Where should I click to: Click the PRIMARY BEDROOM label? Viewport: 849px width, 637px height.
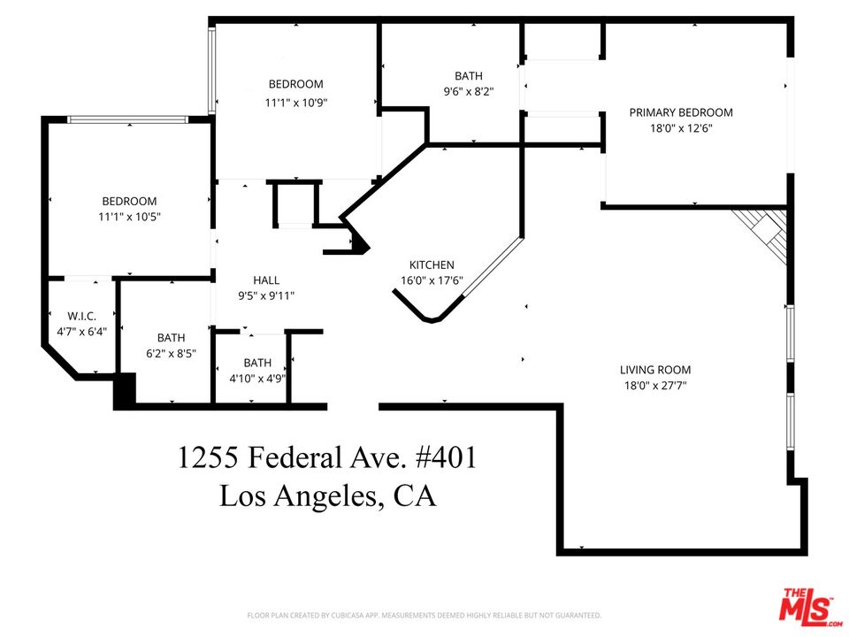point(681,112)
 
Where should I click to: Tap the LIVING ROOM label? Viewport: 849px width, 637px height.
point(654,370)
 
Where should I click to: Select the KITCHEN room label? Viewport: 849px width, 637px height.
point(432,265)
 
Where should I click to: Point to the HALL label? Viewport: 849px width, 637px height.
point(266,280)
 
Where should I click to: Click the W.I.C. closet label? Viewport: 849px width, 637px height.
point(81,316)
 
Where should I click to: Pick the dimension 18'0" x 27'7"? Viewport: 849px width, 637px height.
point(654,385)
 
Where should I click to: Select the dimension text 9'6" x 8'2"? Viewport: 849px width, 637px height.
point(469,90)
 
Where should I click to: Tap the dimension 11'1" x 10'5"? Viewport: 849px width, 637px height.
point(129,216)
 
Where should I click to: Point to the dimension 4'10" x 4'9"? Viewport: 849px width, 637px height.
point(257,378)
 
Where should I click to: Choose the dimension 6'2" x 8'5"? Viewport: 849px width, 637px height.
point(171,352)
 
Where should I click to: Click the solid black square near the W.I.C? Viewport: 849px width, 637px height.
point(124,390)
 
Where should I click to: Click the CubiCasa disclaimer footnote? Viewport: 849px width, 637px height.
point(424,615)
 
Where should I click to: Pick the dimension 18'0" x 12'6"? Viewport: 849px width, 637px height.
point(681,127)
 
